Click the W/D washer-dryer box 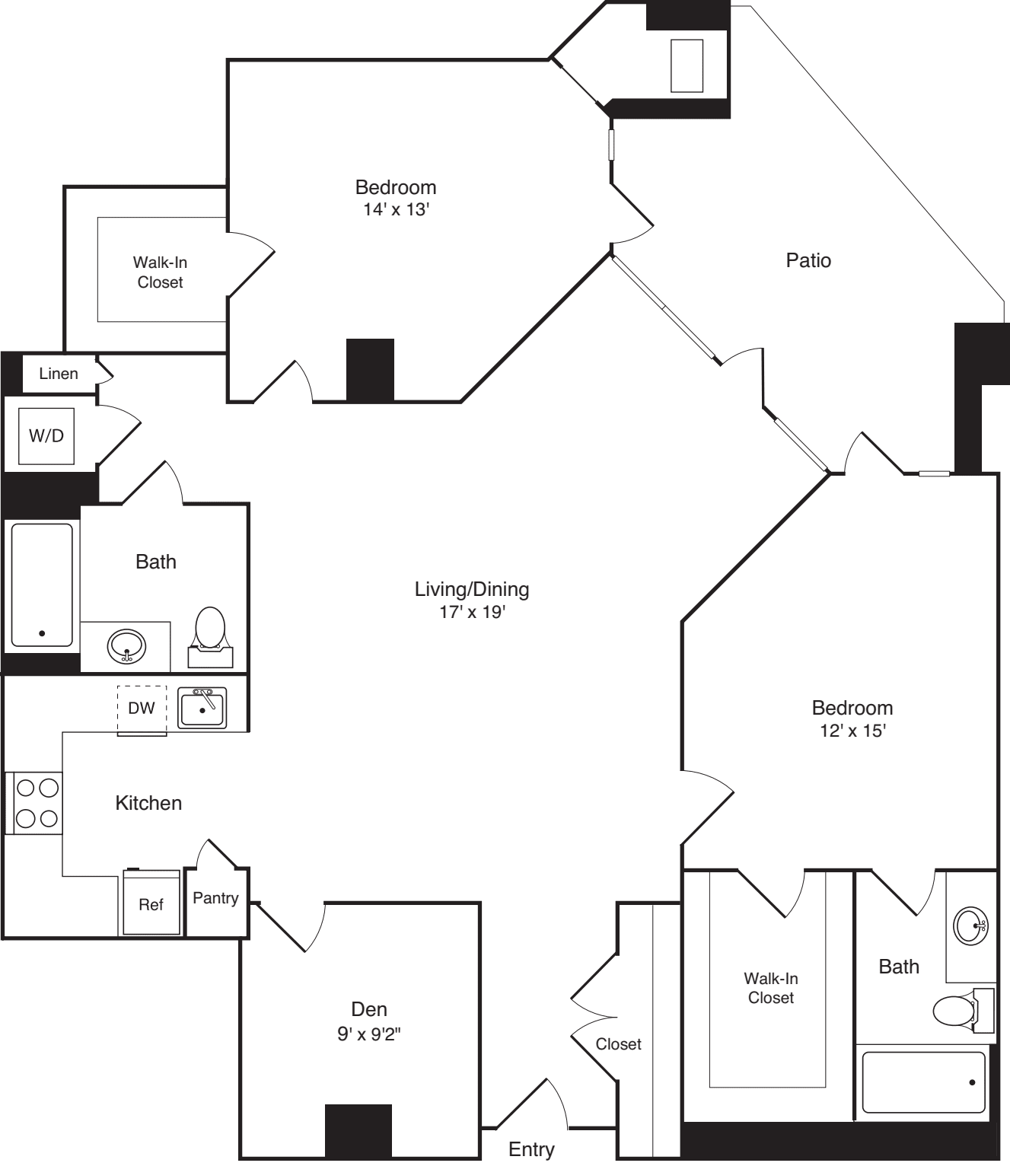(x=46, y=436)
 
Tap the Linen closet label (x=59, y=374)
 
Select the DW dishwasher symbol (x=142, y=709)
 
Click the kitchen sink (x=202, y=709)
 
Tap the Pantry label (x=215, y=898)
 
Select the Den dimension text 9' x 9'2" (x=369, y=1034)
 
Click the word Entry (x=531, y=1149)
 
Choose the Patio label (x=808, y=260)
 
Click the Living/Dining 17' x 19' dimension (x=472, y=612)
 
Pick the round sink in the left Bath (x=126, y=647)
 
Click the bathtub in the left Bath (x=42, y=585)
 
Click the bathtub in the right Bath (x=923, y=1082)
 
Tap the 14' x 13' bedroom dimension (x=396, y=209)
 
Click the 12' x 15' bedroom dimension (x=852, y=731)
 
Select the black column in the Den (x=358, y=1131)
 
